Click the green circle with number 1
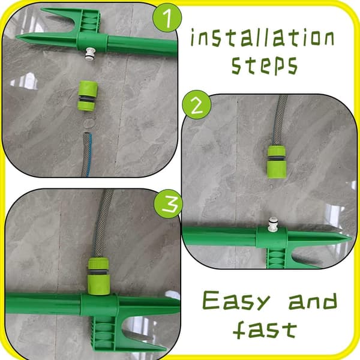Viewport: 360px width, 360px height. [167, 17]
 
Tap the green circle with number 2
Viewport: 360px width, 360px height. [197, 105]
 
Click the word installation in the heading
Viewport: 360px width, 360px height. [262, 38]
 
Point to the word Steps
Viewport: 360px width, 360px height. [265, 65]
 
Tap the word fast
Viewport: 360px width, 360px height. [265, 329]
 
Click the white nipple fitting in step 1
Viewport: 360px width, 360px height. [90, 54]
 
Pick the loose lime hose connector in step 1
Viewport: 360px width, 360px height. [87, 96]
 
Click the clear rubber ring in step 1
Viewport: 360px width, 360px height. [89, 122]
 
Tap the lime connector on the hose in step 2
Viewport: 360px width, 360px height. [277, 163]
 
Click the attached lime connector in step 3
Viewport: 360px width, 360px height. [98, 276]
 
